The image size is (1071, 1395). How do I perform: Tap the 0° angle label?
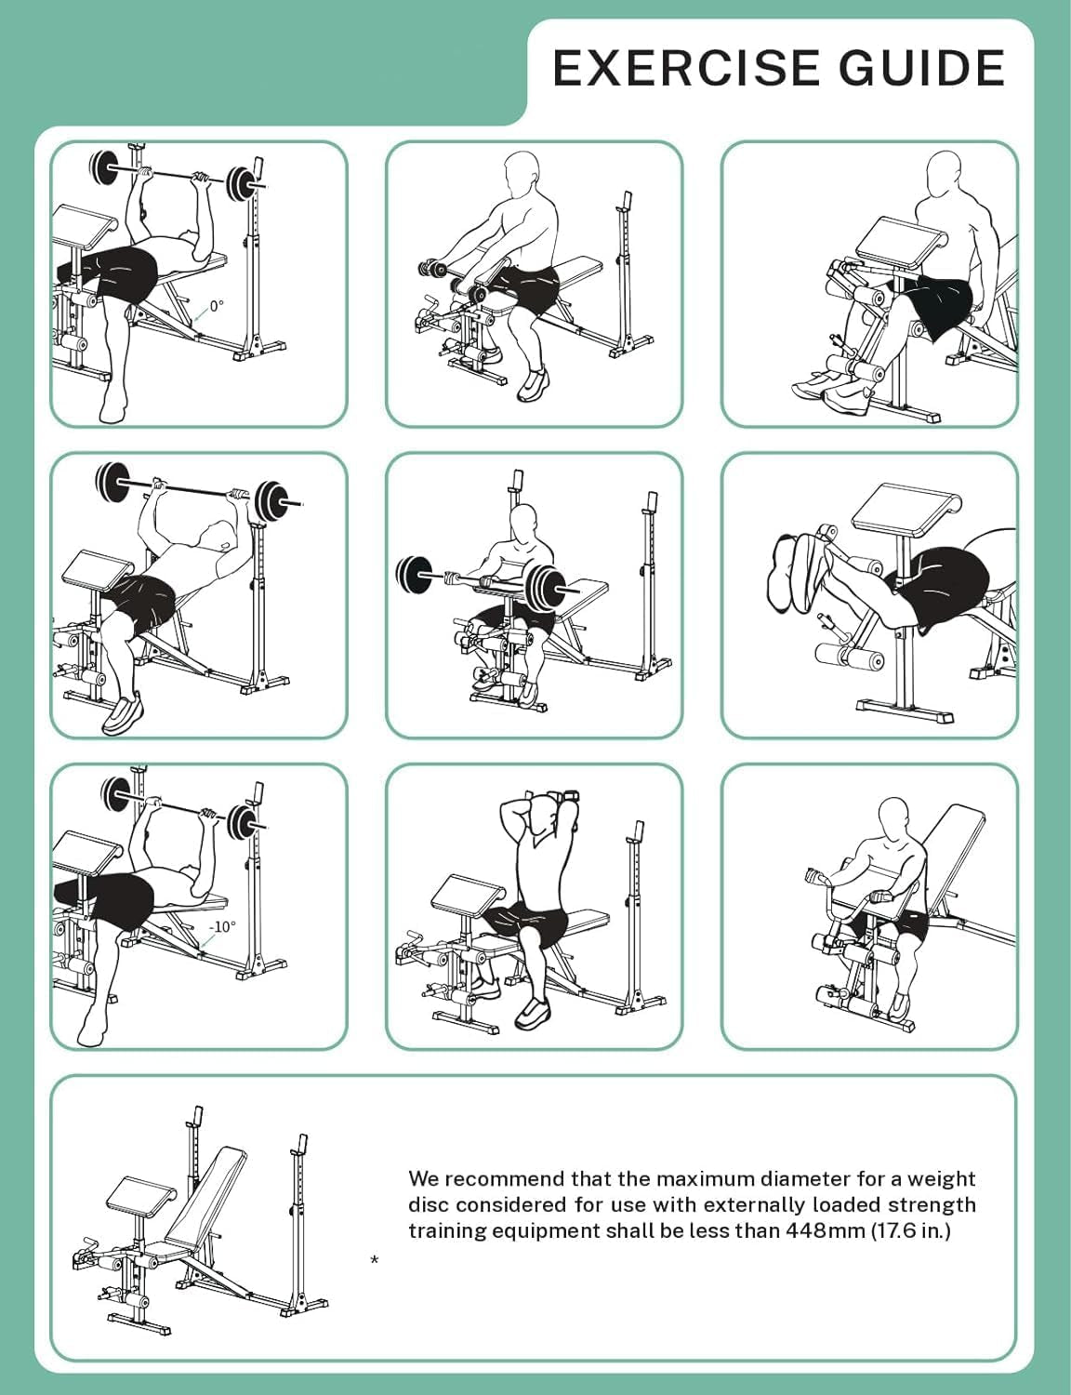[x=216, y=305]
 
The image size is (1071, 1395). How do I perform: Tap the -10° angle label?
[x=222, y=926]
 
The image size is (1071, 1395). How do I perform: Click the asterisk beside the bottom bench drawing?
[x=375, y=1260]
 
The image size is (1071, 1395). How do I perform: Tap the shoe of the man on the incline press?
[x=123, y=713]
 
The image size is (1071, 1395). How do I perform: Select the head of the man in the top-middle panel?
[x=522, y=175]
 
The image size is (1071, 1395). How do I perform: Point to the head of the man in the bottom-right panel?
[x=894, y=817]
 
